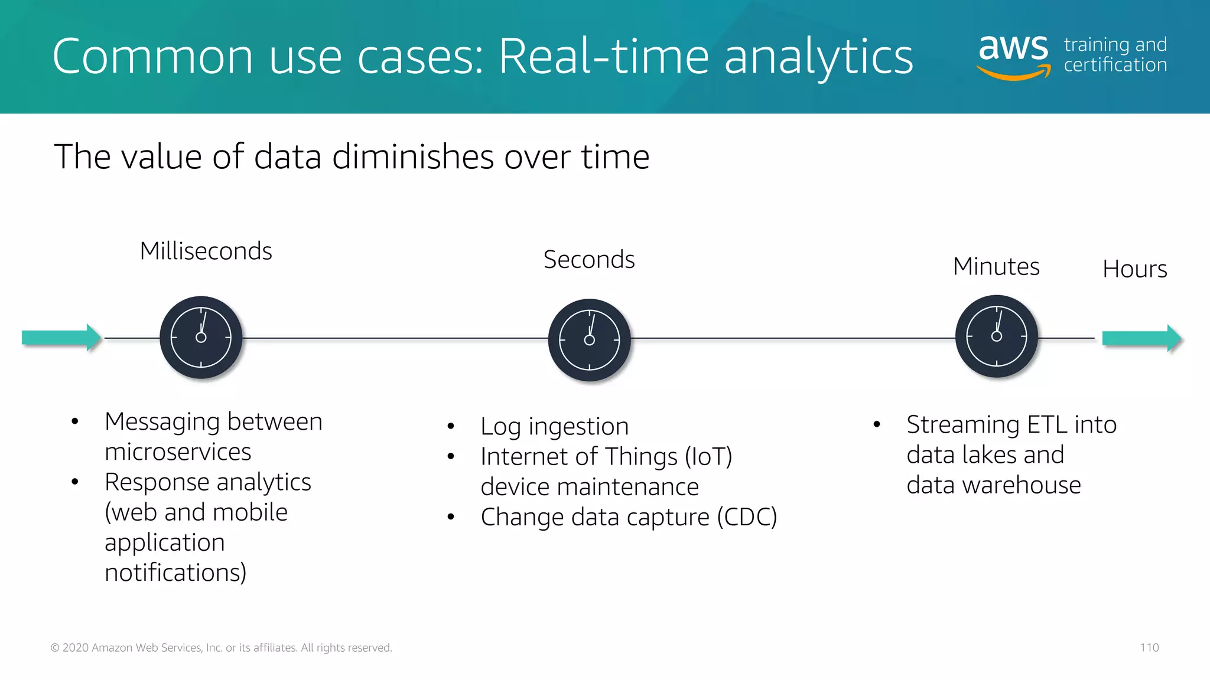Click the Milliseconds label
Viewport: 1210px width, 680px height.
206,251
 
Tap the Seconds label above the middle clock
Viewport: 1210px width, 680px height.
589,260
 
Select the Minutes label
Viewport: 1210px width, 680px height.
996,267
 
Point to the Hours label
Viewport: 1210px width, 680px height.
1134,269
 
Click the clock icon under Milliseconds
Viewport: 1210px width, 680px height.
201,338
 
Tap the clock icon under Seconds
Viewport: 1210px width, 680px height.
589,340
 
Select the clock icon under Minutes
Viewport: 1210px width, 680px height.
996,336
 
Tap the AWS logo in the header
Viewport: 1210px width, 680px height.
1014,56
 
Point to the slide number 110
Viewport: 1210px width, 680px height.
1149,648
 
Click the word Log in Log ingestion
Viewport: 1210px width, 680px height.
501,427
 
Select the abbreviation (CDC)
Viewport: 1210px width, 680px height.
747,517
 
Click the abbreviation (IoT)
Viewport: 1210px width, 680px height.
708,457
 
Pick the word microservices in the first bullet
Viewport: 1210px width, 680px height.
178,452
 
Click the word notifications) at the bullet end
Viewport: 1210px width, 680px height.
175,573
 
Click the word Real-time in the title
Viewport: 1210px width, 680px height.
603,57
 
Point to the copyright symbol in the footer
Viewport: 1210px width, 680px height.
55,648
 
